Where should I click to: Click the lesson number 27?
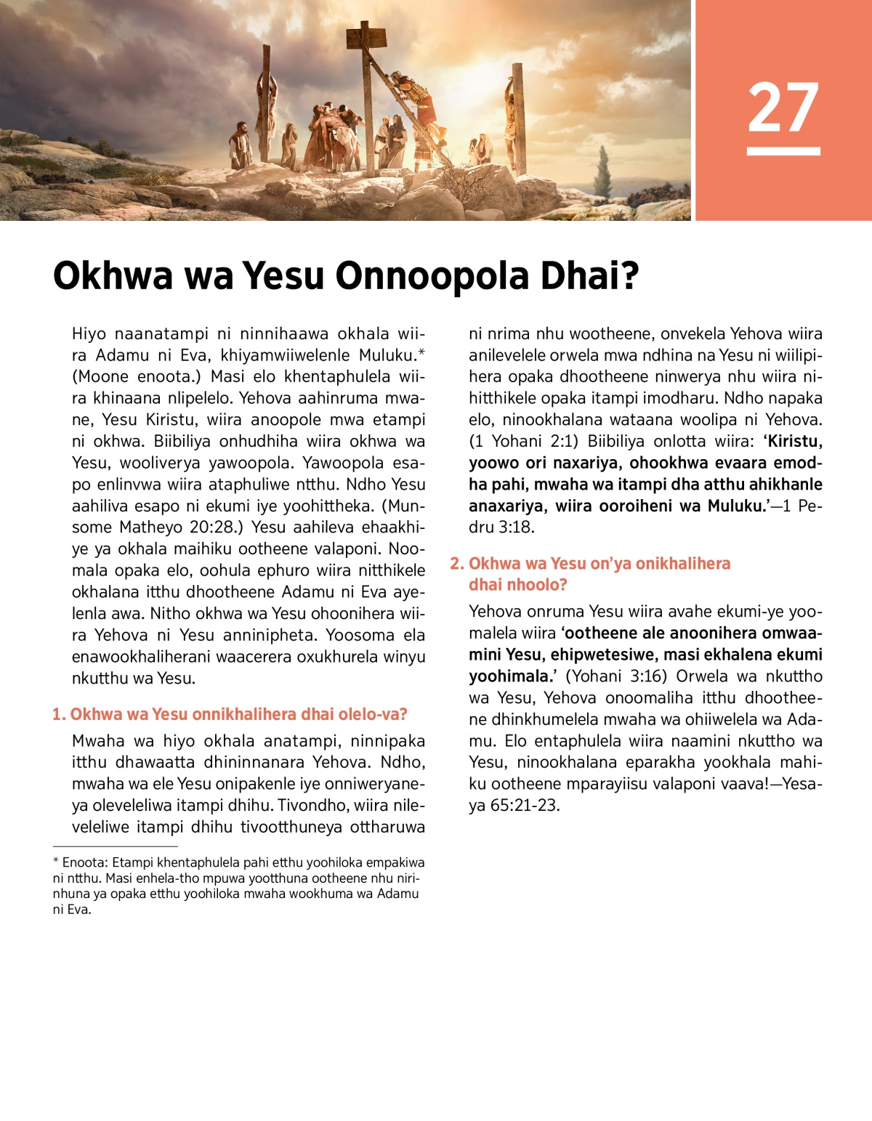point(783,108)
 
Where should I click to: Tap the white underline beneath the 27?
point(783,151)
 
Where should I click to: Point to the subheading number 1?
point(58,715)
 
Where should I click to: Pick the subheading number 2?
point(456,564)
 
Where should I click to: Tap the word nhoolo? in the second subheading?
point(536,585)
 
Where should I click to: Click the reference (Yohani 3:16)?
point(615,676)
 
